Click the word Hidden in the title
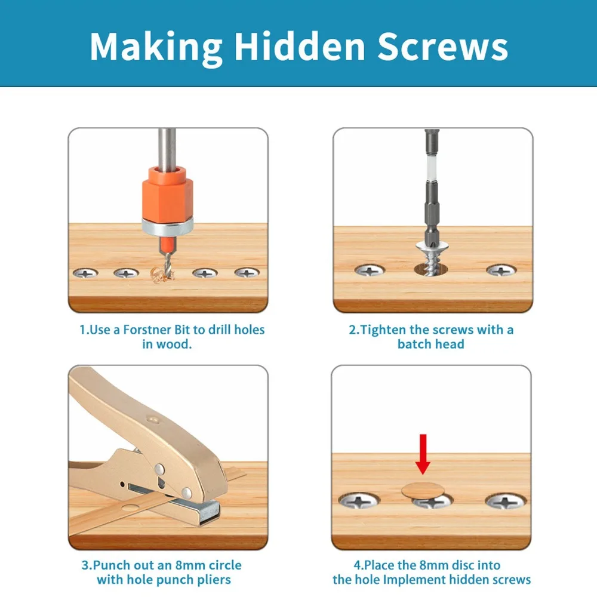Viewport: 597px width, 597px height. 300,46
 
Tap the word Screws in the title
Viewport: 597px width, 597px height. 443,46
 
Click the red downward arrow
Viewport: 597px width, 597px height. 423,454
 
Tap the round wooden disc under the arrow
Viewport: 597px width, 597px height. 423,491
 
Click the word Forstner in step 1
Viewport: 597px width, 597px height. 147,330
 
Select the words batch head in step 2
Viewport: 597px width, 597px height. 430,344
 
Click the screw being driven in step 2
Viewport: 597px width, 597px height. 431,259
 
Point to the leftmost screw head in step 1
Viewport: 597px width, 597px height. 85,273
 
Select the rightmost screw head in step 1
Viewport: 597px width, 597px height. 247,273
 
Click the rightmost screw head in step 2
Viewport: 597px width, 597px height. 501,270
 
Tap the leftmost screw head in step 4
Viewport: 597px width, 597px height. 359,501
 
